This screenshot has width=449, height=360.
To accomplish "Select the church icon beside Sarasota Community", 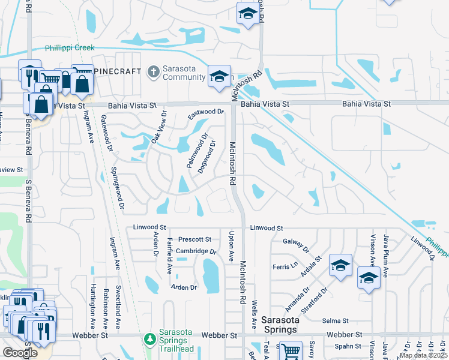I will [153, 72].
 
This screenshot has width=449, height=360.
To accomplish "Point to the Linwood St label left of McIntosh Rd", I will [149, 228].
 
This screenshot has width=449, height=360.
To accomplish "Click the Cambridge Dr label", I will [195, 251].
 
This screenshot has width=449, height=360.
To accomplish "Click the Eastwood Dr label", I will [205, 112].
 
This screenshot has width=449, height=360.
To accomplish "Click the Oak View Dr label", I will [158, 126].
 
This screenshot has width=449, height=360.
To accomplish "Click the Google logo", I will [19, 353].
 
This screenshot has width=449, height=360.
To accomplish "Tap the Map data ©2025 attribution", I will [423, 355].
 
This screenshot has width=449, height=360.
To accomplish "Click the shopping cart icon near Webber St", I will [291, 350].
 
